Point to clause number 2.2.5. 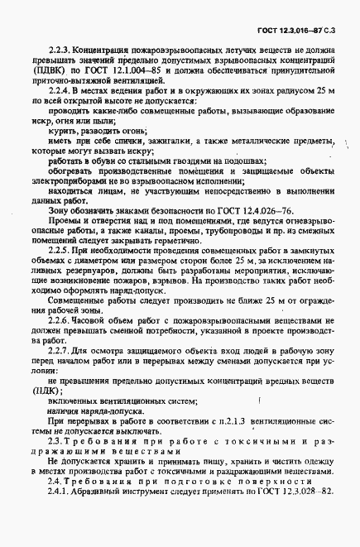pyautogui.click(x=62, y=248)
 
